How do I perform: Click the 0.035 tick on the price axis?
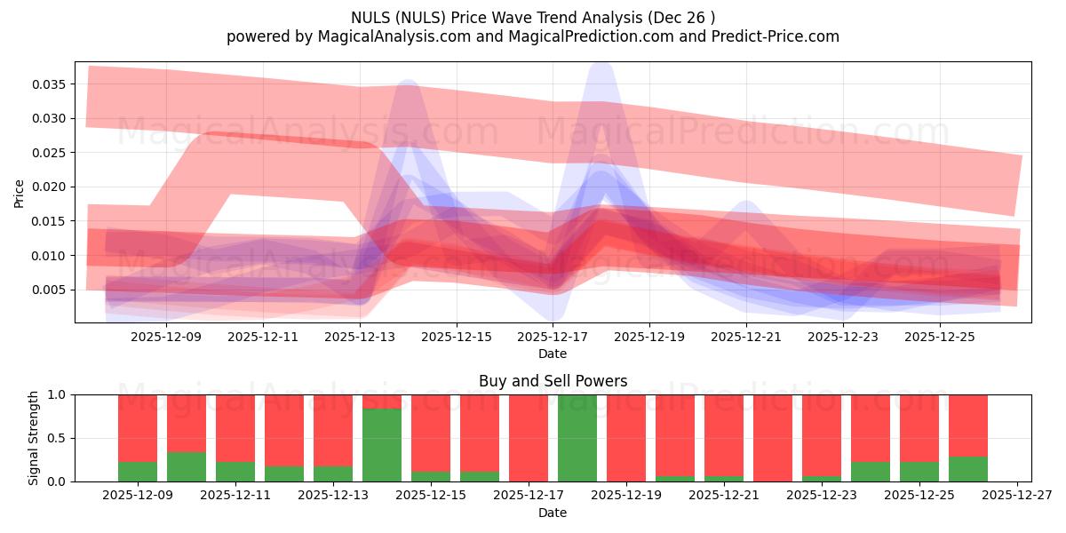[x=51, y=84]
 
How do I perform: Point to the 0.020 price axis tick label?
[x=51, y=187]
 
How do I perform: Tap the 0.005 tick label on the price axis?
[x=51, y=290]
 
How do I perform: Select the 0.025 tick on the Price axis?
[x=51, y=153]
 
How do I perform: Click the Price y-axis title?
[x=20, y=193]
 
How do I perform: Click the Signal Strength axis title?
[x=34, y=438]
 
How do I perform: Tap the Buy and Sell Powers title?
[x=553, y=381]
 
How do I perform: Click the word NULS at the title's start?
[x=368, y=18]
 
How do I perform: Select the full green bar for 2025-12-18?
[x=577, y=438]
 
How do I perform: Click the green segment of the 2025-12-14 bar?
[x=382, y=444]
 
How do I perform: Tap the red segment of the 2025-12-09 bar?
[x=138, y=426]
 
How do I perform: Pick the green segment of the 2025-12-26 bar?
[x=968, y=469]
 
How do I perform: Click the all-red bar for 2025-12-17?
[x=529, y=438]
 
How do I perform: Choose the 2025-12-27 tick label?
[x=1016, y=495]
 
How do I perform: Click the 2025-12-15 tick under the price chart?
[x=456, y=337]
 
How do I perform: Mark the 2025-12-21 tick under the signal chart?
[x=724, y=495]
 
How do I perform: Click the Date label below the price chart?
[x=553, y=354]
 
